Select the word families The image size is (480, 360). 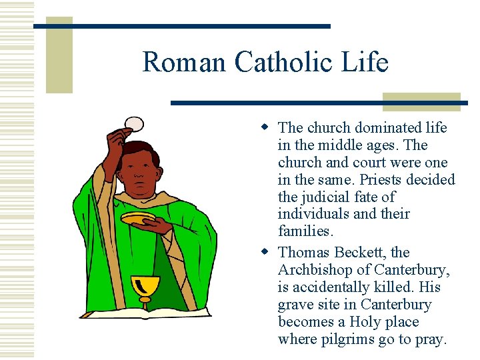tap(305, 232)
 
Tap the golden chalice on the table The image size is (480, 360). tap(145, 288)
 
